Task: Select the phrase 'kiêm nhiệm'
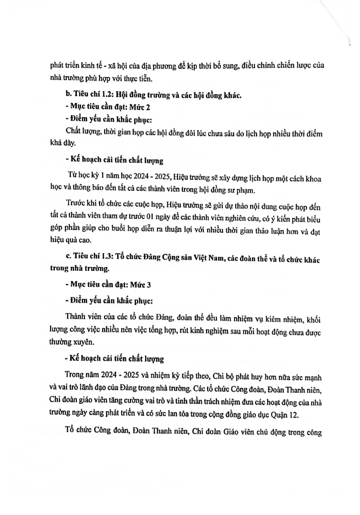click(285, 319)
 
